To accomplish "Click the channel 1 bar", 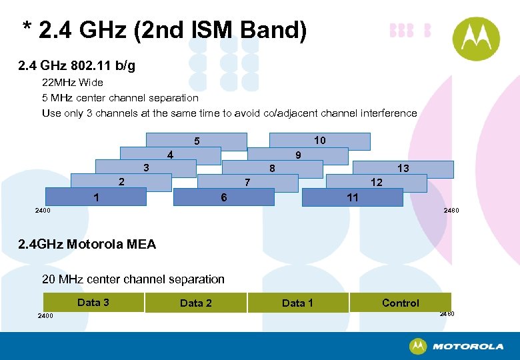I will [96, 197].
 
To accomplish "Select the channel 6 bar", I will [223, 197].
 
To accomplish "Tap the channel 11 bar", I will [353, 197].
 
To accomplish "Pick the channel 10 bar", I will [319, 141].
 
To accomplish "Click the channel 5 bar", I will [197, 141].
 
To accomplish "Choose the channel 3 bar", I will [146, 167].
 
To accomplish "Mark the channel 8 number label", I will [272, 169].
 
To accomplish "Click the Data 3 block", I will [93, 303].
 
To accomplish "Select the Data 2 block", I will [195, 303].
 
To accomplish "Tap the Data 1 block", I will [297, 303].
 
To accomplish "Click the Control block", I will [400, 303].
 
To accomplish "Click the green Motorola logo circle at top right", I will [476, 39].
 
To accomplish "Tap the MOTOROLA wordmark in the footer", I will [468, 347].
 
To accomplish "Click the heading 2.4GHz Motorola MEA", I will [87, 244].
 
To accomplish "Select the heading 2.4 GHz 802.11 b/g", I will [77, 66].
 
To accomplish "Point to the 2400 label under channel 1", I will [42, 211].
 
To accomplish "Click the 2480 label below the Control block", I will [447, 313].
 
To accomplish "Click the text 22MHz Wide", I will [73, 83].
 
